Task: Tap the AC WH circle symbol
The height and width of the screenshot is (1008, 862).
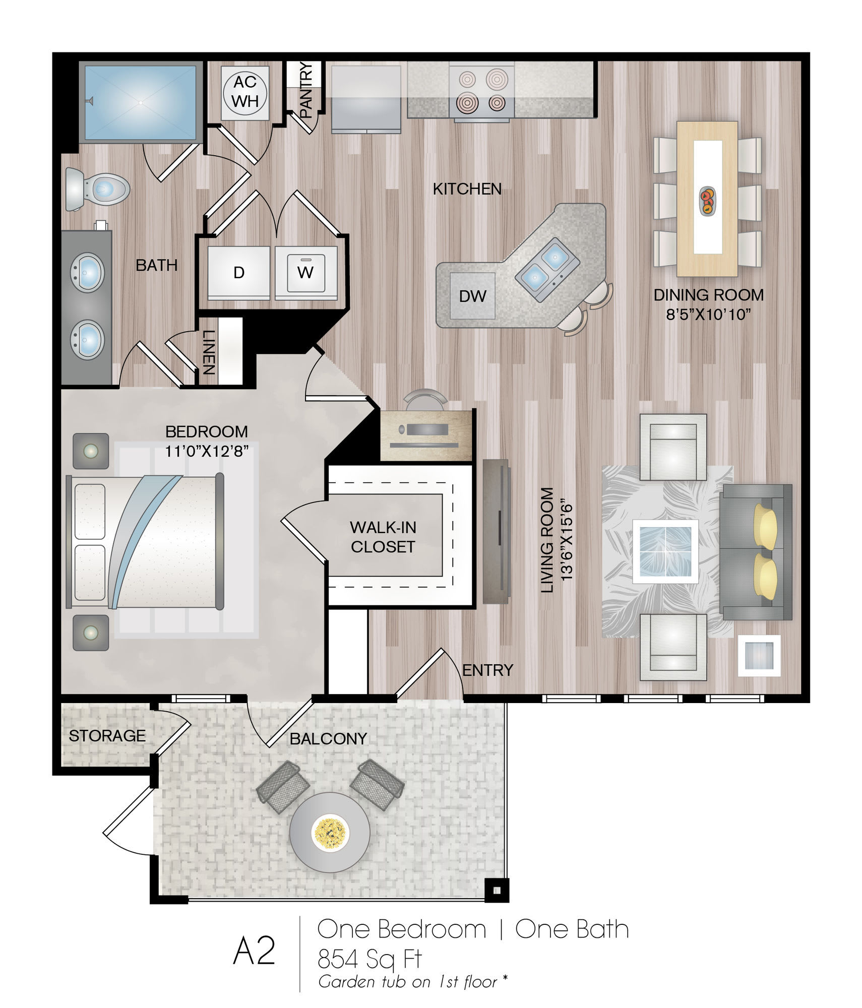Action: pyautogui.click(x=245, y=92)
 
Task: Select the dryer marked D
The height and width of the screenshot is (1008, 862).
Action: pyautogui.click(x=239, y=273)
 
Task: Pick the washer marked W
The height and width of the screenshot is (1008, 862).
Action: pyautogui.click(x=305, y=273)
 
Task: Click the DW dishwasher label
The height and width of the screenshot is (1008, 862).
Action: pyautogui.click(x=472, y=296)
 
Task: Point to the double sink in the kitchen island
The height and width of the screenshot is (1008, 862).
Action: pyautogui.click(x=546, y=269)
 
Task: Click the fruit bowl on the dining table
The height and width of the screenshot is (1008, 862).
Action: pyautogui.click(x=707, y=201)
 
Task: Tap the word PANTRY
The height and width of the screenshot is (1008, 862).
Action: pyautogui.click(x=306, y=90)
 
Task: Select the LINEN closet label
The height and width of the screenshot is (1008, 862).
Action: pyautogui.click(x=209, y=352)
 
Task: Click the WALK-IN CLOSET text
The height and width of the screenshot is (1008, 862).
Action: pyautogui.click(x=383, y=537)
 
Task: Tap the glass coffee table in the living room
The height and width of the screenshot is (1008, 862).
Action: pyautogui.click(x=666, y=551)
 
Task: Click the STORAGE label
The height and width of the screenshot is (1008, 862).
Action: pyautogui.click(x=107, y=736)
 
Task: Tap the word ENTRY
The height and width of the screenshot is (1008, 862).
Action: pyautogui.click(x=487, y=670)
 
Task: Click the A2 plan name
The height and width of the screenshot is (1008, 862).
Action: pyautogui.click(x=255, y=950)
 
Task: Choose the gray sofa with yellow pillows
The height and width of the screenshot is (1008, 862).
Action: pyautogui.click(x=755, y=552)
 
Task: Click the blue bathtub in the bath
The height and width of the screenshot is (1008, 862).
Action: pyautogui.click(x=141, y=102)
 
